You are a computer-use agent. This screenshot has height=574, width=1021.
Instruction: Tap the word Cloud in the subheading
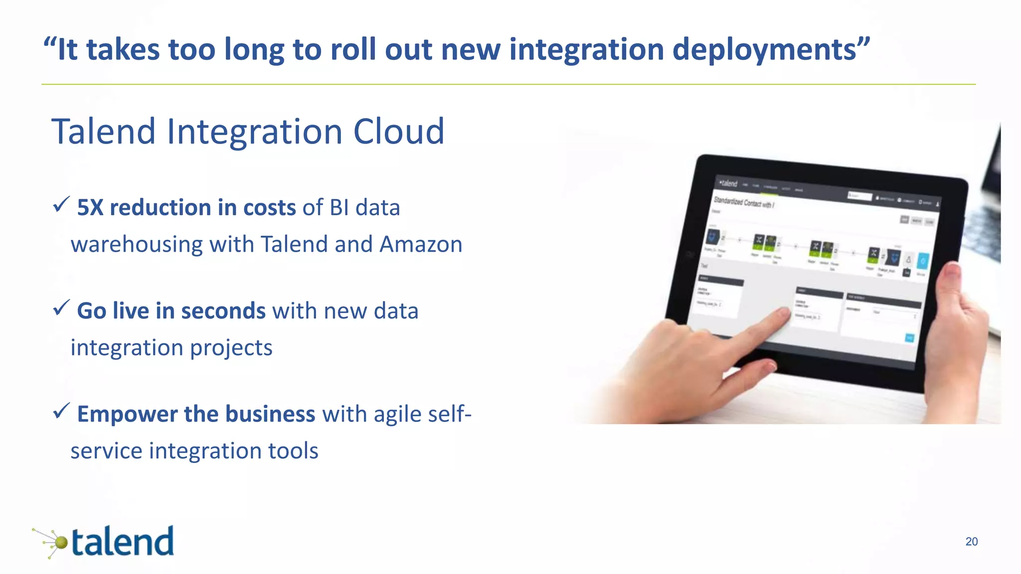tap(398, 132)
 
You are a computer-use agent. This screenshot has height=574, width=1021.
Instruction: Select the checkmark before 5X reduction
tap(61, 204)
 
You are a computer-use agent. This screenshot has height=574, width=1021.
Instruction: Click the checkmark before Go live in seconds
tap(61, 307)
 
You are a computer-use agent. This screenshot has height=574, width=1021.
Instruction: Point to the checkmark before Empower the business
tap(61, 411)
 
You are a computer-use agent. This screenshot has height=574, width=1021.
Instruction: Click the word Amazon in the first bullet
tap(421, 244)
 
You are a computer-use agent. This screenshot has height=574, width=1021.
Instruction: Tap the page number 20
tap(971, 542)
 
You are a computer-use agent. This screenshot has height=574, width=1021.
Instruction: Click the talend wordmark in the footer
tap(123, 542)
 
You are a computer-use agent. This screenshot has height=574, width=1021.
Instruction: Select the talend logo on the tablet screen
tap(728, 183)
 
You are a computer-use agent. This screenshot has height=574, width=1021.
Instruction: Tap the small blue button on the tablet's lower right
tap(909, 338)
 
